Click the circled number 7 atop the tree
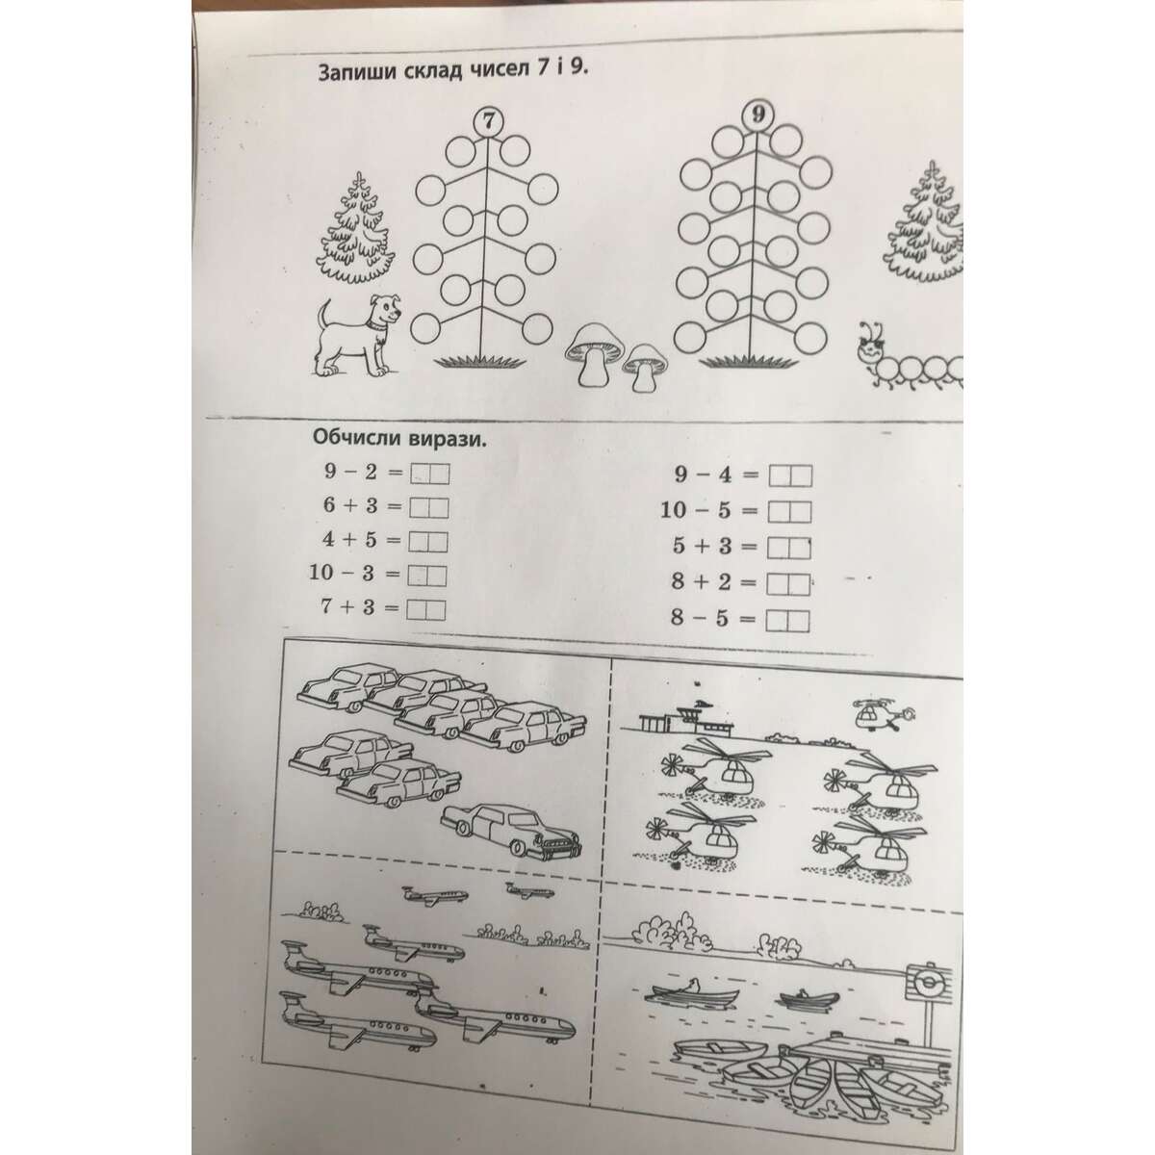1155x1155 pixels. tap(489, 121)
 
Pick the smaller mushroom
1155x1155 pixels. tap(645, 367)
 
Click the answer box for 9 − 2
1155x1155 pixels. tap(428, 475)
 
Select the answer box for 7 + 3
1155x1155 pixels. tap(425, 610)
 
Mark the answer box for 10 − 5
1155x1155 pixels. tap(789, 512)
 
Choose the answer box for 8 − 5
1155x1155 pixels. tap(787, 622)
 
